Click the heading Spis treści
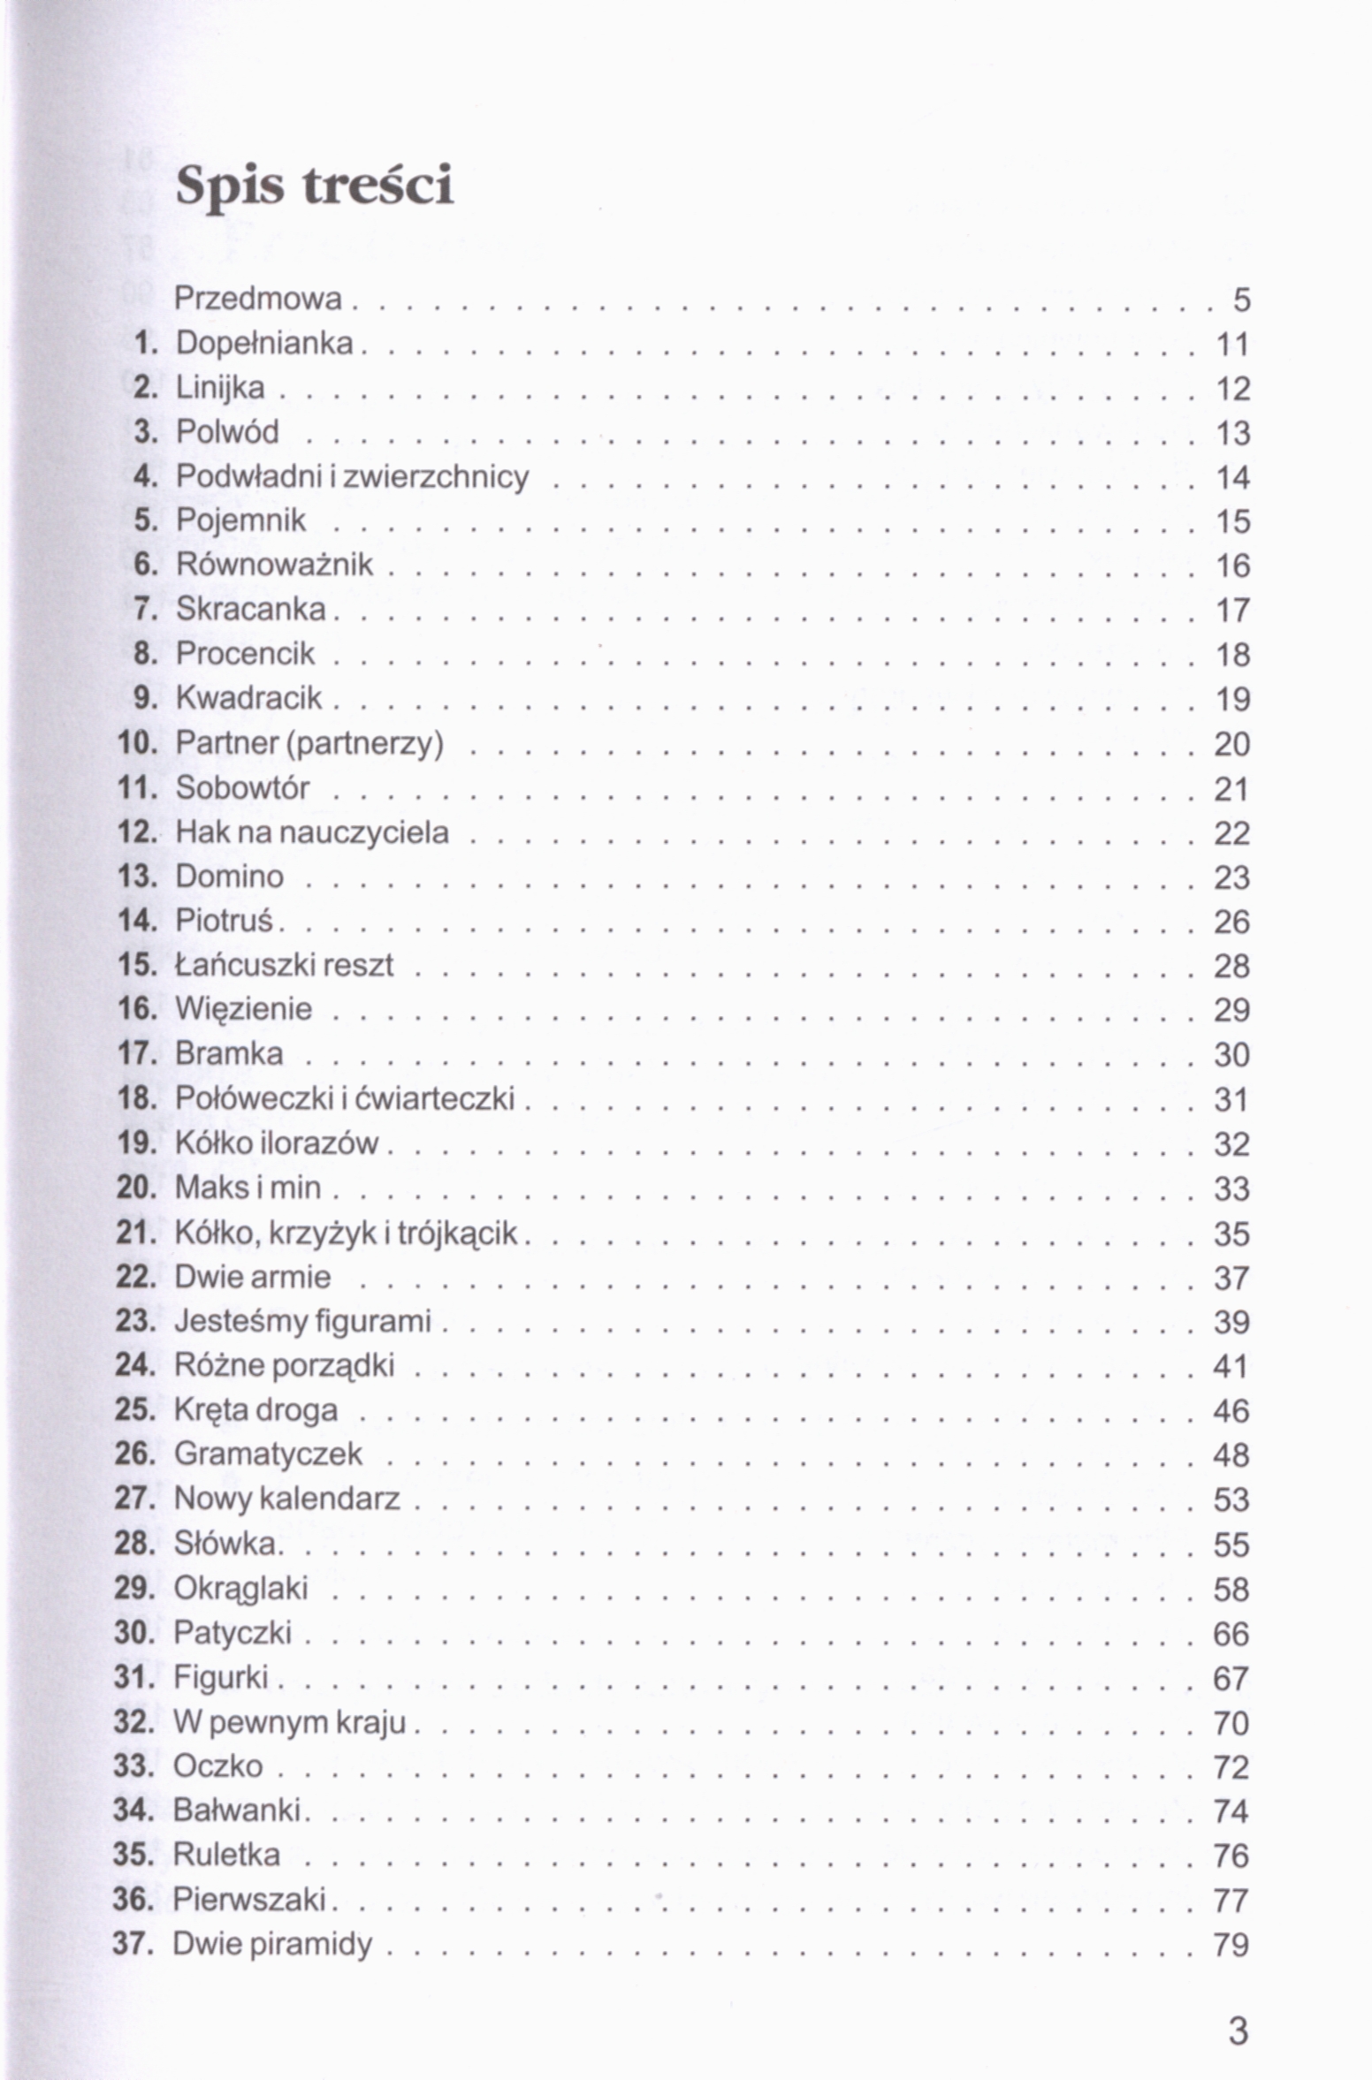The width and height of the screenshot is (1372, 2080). coord(314,186)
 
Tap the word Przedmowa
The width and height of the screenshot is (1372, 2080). coord(257,299)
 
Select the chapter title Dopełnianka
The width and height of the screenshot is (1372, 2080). coord(263,343)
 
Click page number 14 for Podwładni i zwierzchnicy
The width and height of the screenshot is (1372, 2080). coord(1232,477)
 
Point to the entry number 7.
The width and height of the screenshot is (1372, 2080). coord(144,609)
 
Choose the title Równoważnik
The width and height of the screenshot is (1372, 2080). coord(274,565)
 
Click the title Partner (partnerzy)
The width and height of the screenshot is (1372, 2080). coord(309,743)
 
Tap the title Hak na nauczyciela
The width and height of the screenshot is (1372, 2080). coord(311,832)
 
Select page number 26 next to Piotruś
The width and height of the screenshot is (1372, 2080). coord(1231,922)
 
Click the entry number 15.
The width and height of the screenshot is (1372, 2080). coord(136,965)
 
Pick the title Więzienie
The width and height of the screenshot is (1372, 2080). coord(243,1009)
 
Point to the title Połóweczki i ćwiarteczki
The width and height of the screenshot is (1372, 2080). coord(344,1098)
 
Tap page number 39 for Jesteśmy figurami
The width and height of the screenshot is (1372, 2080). coord(1231,1322)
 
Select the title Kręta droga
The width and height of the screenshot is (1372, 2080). coord(255,1409)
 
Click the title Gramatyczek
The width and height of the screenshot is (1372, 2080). coord(268,1454)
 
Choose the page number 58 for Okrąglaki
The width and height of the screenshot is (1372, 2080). coord(1231,1589)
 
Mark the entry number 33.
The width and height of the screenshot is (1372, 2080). coord(133,1765)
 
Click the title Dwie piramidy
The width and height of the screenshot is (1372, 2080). coord(272,1944)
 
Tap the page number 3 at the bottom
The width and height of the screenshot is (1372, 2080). coord(1239,2031)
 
